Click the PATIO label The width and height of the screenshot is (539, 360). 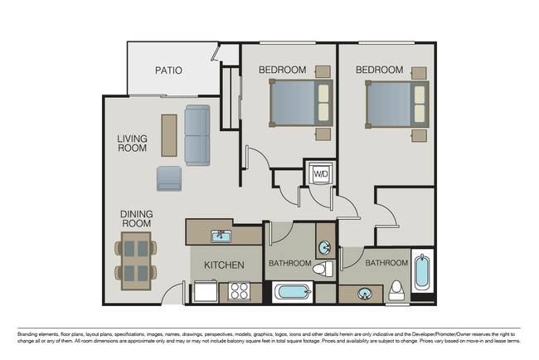(168, 71)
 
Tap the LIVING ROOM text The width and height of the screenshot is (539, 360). (132, 144)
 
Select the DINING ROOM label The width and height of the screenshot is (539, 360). (137, 218)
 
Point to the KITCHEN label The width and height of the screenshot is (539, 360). (224, 265)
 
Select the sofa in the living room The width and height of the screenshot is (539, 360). (197, 135)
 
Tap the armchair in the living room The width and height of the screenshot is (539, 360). (169, 178)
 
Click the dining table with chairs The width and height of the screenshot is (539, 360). (137, 260)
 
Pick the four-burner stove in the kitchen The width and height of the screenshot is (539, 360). (240, 291)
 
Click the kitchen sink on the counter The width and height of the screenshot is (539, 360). (221, 236)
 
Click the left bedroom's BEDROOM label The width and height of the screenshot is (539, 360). (282, 70)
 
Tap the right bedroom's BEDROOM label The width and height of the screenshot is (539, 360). (380, 70)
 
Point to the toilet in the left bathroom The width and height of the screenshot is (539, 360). (326, 268)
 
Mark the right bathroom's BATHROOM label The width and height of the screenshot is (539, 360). (387, 263)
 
